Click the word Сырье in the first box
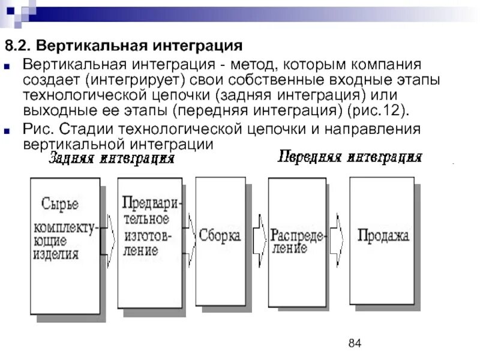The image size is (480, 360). [x=59, y=203]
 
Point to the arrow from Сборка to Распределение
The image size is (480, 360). [x=259, y=235]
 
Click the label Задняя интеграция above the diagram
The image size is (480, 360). [x=111, y=159]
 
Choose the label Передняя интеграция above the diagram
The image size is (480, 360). [x=350, y=157]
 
